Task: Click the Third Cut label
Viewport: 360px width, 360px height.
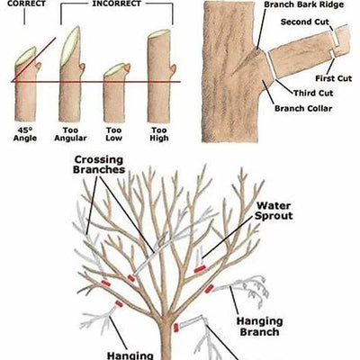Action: (313, 93)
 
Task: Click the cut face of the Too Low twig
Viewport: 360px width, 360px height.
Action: (112, 69)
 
